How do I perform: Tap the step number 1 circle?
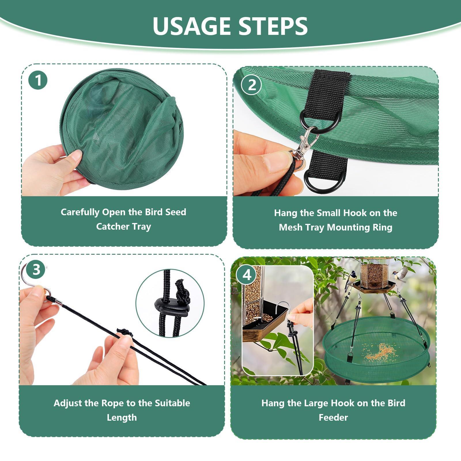coord(38,80)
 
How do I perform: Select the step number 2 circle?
coord(252,85)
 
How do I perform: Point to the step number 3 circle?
coord(36,270)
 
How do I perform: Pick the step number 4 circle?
coord(247,275)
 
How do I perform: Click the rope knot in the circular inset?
coord(182,292)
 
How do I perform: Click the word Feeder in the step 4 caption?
coord(333,417)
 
